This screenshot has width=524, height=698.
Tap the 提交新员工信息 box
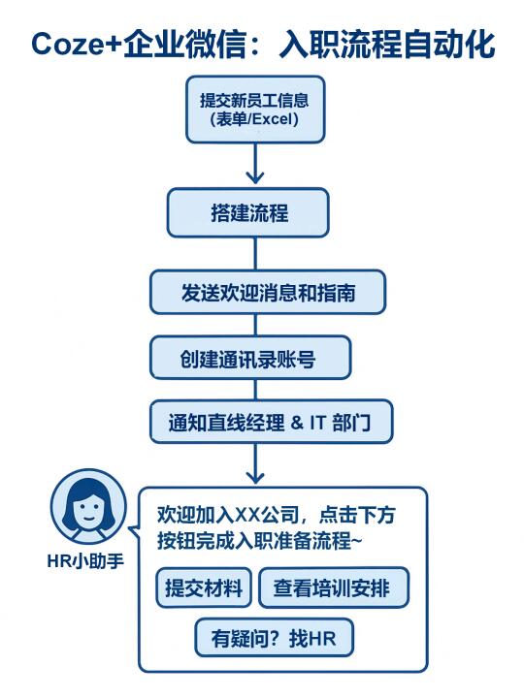pos(255,110)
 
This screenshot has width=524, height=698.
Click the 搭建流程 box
pos(248,212)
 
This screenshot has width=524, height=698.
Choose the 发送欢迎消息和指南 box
pos(268,293)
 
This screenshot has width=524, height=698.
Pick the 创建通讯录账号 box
pos(250,358)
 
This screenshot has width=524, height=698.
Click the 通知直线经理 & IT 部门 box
pos(272,422)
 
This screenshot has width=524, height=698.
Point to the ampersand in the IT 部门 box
pos(297,422)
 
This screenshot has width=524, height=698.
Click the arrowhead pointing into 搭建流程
pos(255,177)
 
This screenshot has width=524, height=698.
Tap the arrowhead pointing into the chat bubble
pos(255,478)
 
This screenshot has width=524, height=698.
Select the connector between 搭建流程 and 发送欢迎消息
pos(255,254)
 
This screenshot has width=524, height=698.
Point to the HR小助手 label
pos(85,561)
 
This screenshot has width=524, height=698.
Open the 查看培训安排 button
pos(334,587)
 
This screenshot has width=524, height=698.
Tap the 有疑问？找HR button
pos(274,638)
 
